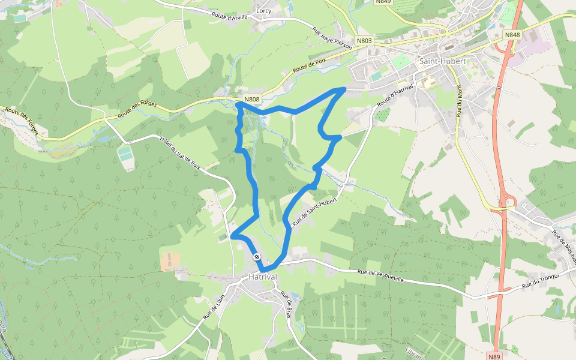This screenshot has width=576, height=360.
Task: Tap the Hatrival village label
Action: pos(263,277)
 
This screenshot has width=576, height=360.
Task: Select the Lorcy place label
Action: pos(263,11)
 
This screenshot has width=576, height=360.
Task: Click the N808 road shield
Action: pos(252,99)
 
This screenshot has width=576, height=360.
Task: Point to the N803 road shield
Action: pos(364,41)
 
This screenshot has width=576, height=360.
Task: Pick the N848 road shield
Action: pos(512,35)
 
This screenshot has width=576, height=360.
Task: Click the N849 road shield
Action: pos(383,2)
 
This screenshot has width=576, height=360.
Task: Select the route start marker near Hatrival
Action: pos(257,257)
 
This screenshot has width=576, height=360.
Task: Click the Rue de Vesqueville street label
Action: pos(382,276)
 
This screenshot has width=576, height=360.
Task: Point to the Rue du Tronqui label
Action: pos(541,280)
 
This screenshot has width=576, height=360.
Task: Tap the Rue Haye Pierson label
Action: pos(332,38)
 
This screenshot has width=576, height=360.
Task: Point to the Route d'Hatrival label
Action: pos(395,97)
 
